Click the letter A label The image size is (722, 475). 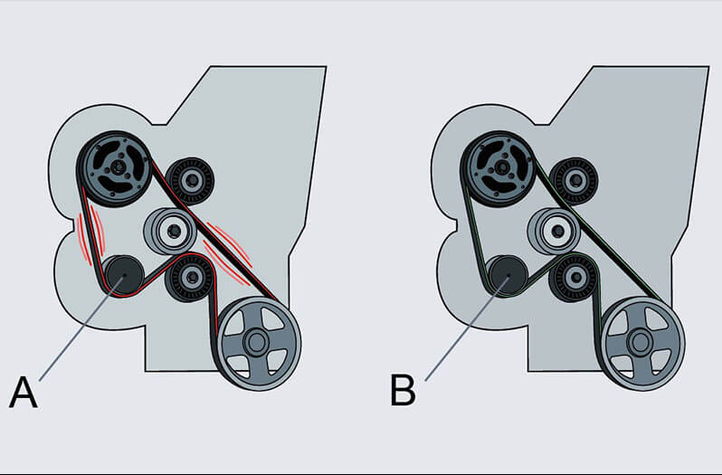tap(24, 393)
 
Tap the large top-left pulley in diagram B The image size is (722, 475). tap(499, 166)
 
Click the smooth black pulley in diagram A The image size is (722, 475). tap(119, 273)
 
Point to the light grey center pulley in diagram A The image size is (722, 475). tap(168, 231)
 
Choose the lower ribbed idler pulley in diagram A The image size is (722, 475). tap(190, 279)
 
